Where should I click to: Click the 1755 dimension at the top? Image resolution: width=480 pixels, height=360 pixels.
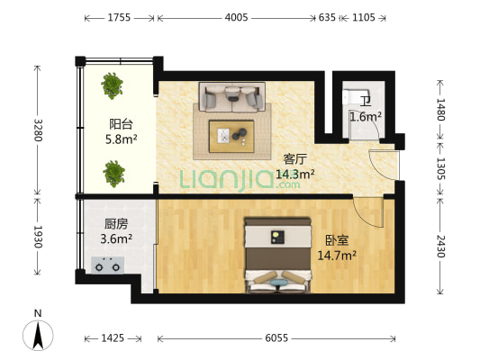[x=119, y=17]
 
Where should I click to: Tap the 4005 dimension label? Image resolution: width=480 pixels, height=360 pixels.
[x=237, y=17]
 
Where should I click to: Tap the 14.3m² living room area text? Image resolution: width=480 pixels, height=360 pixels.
[x=294, y=175]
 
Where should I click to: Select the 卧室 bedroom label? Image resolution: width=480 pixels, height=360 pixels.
[x=336, y=240]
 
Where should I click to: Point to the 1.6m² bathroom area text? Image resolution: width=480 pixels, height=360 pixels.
[x=365, y=116]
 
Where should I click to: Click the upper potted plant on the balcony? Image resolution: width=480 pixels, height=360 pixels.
[x=113, y=86]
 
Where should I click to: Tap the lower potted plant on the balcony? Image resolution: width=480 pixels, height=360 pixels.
[x=113, y=171]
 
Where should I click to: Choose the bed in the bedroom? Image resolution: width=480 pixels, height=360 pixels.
[x=278, y=256]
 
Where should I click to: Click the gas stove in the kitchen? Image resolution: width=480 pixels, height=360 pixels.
[x=110, y=265]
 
